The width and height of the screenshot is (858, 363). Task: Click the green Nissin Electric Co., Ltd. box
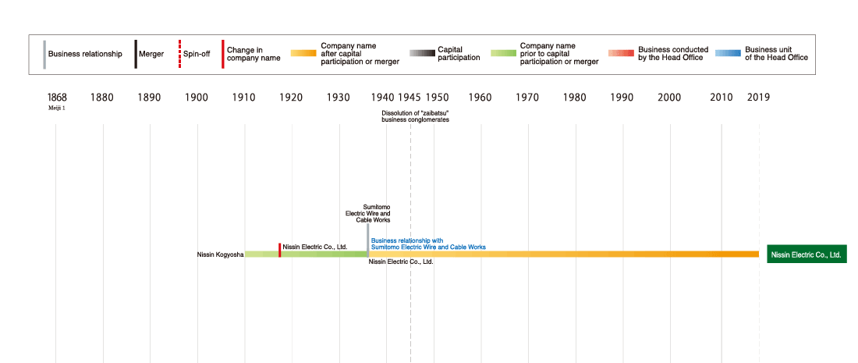point(807,254)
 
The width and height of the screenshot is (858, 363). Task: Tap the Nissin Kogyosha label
point(220,254)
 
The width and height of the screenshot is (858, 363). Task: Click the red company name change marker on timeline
point(279,250)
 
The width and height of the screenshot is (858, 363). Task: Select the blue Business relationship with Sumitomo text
point(428,244)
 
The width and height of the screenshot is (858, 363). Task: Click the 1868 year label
point(57,98)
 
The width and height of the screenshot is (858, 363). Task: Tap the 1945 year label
point(409,98)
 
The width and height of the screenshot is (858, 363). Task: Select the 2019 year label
point(758,98)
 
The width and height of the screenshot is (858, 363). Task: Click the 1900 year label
point(197,98)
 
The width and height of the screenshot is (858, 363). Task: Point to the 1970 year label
point(527,98)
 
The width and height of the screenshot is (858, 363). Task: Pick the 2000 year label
point(669,98)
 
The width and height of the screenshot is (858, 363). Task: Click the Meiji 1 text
point(57,109)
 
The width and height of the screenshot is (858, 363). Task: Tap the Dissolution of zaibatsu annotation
point(415,116)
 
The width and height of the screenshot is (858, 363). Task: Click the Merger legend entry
point(151,54)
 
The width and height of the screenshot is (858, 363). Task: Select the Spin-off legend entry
point(196,54)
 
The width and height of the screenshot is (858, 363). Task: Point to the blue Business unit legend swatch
point(727,54)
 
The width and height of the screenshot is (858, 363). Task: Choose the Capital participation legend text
point(459,54)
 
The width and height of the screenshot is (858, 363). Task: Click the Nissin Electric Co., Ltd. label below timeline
point(401,262)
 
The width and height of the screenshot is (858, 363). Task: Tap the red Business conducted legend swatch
point(621,54)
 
